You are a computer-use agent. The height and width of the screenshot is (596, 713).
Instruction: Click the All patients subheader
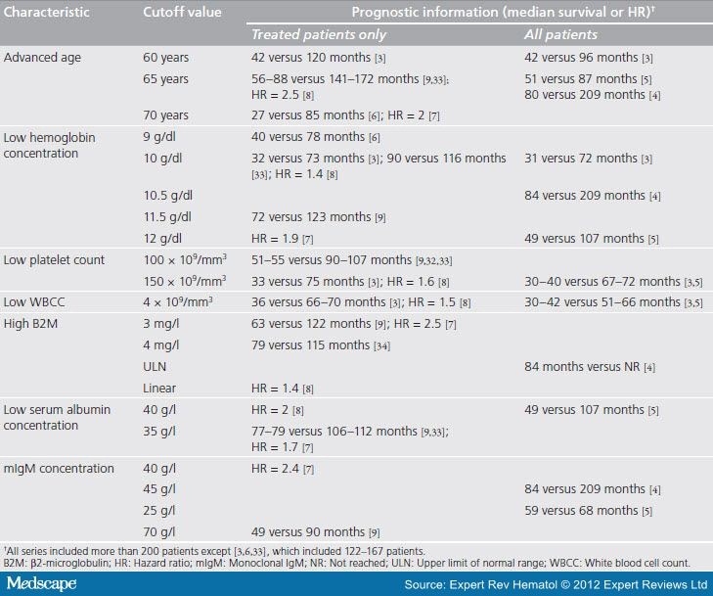pos(557,34)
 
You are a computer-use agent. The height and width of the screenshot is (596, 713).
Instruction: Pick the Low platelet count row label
pos(55,260)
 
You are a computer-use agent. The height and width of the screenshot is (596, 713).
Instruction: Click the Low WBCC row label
pos(35,301)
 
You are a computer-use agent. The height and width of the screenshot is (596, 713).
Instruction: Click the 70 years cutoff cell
pos(166,116)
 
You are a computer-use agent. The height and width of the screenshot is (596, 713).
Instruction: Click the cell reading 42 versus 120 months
pos(317,58)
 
